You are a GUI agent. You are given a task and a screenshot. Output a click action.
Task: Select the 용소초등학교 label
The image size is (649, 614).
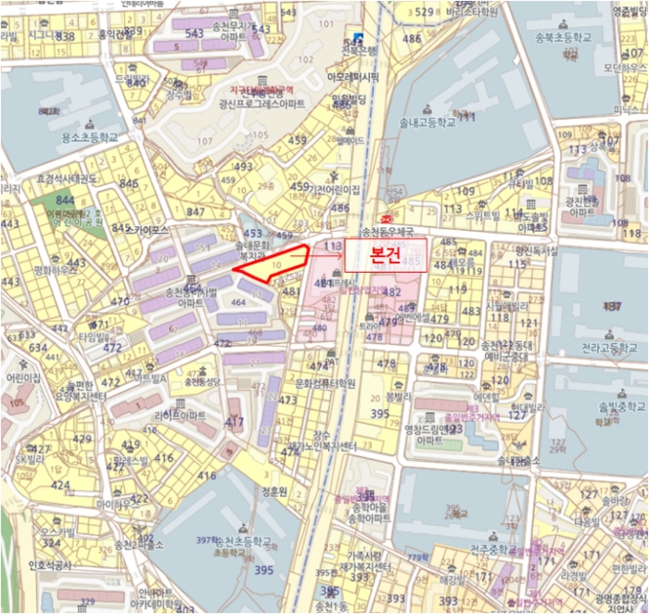click(x=91, y=136)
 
